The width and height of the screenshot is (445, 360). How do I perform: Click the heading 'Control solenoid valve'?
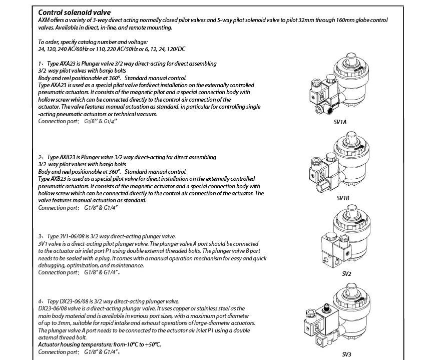75,13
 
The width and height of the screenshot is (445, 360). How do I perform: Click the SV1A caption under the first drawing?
340,122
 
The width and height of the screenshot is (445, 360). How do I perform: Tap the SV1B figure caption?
343,198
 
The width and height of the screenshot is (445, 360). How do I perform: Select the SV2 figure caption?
346,274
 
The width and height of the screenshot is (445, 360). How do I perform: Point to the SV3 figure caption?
346,354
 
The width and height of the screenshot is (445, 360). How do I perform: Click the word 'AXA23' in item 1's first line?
68,64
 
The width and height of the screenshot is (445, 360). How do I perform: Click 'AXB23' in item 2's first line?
67,157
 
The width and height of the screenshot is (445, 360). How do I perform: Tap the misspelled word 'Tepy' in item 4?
53,301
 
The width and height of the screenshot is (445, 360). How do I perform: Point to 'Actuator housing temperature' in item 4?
75,344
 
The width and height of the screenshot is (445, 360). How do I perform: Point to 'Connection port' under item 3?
57,272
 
